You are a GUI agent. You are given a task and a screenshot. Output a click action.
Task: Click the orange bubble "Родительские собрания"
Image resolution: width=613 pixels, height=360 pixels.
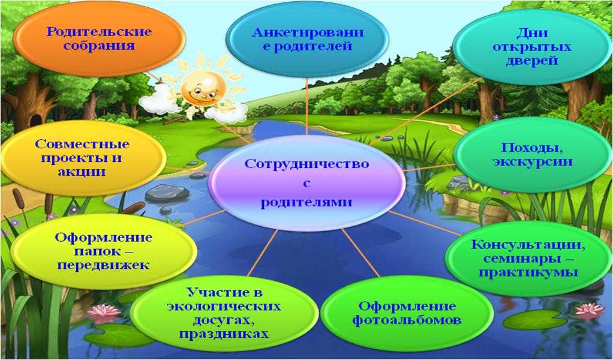100,38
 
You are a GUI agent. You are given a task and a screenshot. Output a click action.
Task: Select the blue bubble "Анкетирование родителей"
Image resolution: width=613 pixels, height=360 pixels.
307,39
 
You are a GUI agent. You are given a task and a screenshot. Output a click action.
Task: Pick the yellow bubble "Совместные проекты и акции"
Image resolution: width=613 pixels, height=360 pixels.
83,158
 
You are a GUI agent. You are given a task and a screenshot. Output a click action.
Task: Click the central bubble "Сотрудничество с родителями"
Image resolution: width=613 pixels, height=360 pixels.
307,182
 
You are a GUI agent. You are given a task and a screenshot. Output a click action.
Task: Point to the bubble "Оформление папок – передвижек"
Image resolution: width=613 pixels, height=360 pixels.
104,251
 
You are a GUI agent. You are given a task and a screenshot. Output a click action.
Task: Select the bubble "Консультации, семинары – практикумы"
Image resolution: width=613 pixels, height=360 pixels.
528,258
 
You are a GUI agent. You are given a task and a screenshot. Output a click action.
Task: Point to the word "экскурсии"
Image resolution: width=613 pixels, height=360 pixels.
533,161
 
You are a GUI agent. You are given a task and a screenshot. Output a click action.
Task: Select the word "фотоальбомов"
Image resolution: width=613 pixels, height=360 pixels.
407,320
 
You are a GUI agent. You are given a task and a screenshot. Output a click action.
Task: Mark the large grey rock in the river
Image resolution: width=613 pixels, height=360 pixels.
167,193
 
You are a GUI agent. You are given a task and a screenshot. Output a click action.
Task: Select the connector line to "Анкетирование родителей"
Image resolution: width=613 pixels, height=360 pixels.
307,106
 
